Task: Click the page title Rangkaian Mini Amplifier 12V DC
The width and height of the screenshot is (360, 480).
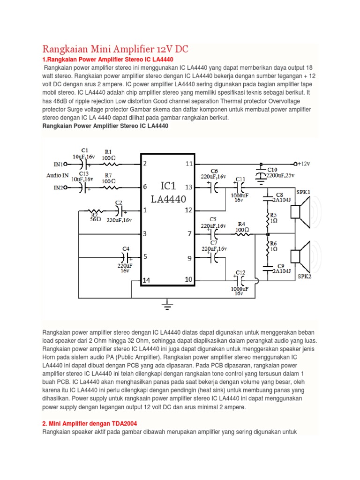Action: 116,49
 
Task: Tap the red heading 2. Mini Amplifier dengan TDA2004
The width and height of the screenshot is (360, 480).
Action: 90,424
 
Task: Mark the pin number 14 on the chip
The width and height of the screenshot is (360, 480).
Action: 146,280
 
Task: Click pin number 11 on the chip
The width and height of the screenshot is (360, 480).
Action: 189,164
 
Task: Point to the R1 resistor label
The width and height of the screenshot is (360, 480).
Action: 108,151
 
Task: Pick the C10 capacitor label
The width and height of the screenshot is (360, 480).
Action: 272,170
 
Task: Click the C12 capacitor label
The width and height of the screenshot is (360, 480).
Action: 240,272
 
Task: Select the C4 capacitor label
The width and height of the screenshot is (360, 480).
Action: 126,248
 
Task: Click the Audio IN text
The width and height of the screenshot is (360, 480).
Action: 57,176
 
